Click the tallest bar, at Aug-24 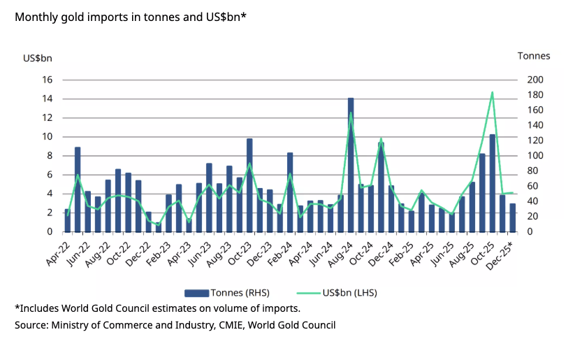(351, 165)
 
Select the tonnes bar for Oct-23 (249, 185)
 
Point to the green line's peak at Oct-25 (492, 92)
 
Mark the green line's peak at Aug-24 (351, 113)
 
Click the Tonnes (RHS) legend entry (227, 292)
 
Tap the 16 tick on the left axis (48, 80)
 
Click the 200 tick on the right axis (534, 80)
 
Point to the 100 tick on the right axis (534, 156)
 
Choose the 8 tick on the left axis (50, 156)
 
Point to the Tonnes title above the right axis (533, 56)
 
